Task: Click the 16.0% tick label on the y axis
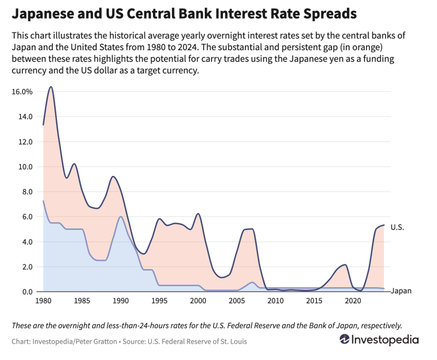(x=22, y=92)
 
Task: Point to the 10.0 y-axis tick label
(x=25, y=167)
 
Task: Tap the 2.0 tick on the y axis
(x=27, y=267)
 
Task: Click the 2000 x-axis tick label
(x=198, y=300)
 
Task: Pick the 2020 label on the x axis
(x=353, y=300)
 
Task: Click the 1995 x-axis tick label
(x=159, y=300)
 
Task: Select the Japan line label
(x=401, y=291)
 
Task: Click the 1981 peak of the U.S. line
(x=51, y=87)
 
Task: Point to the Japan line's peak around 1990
(x=121, y=217)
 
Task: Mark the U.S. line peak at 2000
(x=198, y=214)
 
